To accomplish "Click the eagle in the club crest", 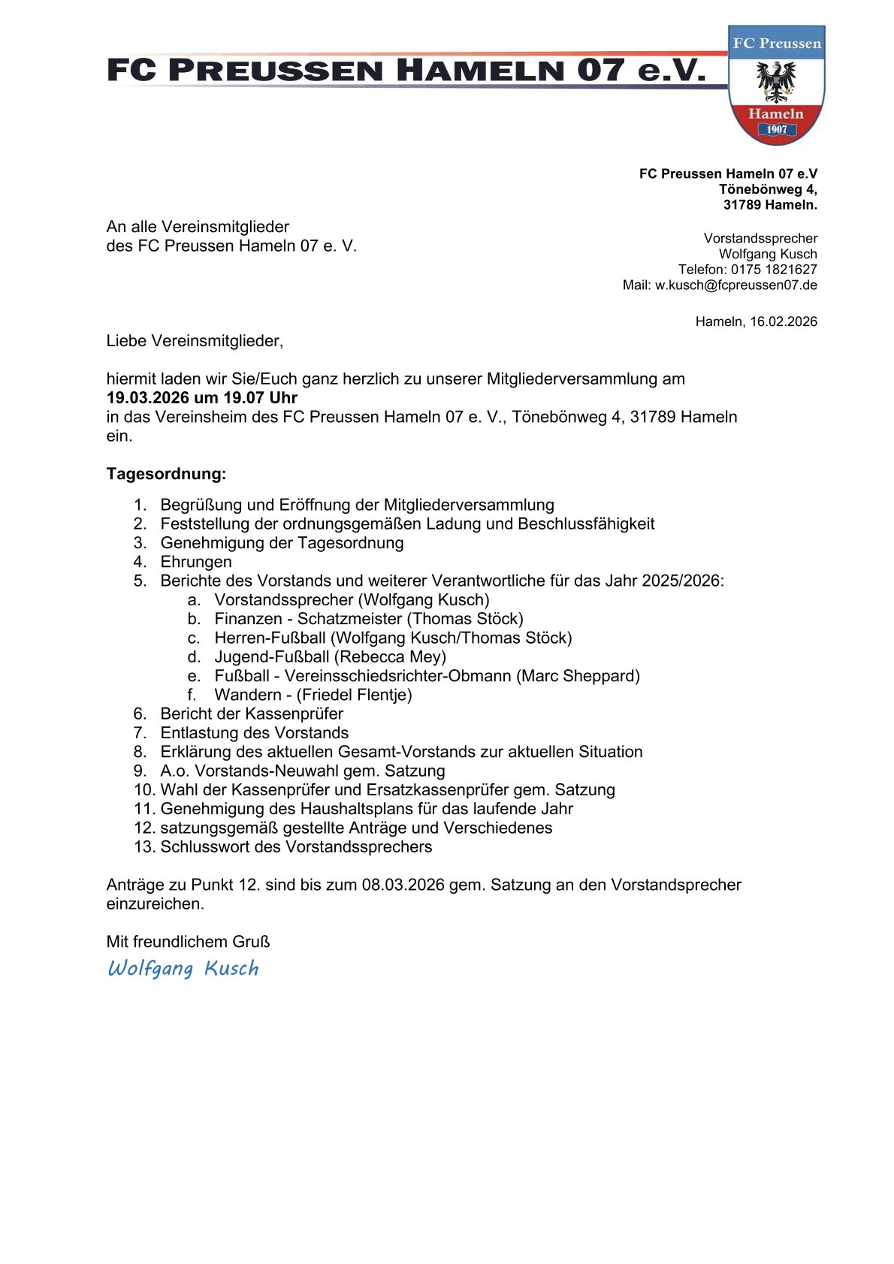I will (x=776, y=80).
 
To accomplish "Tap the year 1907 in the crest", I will (x=777, y=129).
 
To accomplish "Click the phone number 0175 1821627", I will (x=774, y=270).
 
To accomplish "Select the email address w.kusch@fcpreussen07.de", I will (x=735, y=285).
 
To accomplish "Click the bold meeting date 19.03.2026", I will (x=148, y=398).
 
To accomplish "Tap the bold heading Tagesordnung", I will (x=166, y=474).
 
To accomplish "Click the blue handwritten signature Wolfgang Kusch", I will (x=183, y=968).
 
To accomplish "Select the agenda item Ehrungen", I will (x=196, y=562).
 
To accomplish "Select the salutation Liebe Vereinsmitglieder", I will (x=195, y=341).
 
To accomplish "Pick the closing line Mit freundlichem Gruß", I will (x=188, y=942).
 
